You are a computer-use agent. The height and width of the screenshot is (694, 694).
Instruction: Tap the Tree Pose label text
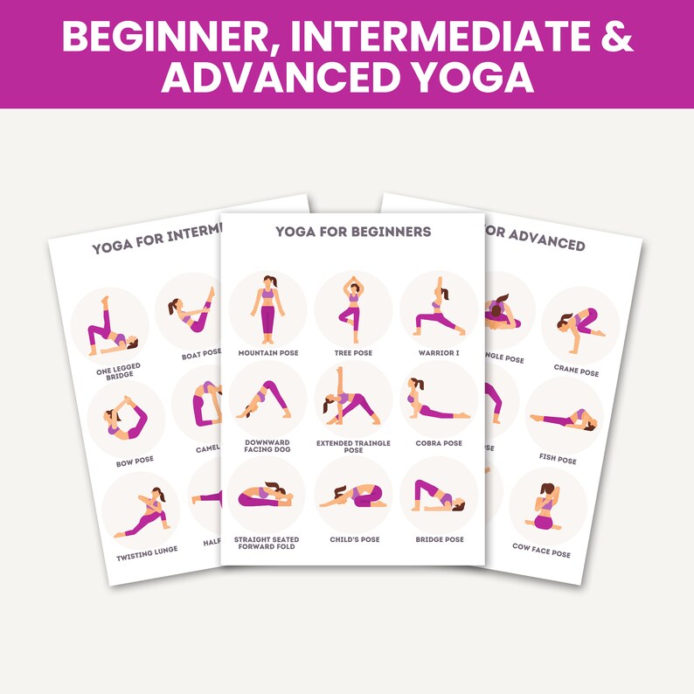tap(352, 353)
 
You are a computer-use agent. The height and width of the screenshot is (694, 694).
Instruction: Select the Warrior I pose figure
tap(438, 311)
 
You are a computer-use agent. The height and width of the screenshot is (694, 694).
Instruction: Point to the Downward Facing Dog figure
tap(264, 399)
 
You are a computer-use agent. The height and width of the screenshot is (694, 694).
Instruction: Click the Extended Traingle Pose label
tap(352, 447)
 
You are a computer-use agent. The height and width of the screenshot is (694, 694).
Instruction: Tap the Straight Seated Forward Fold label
tap(266, 543)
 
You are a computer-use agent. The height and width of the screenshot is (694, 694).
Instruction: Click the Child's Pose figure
tap(352, 497)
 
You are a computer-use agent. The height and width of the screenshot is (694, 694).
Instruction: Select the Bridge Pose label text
tap(439, 539)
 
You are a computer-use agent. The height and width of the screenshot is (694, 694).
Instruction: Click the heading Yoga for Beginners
tap(352, 232)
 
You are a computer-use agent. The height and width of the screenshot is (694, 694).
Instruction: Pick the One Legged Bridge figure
tap(110, 324)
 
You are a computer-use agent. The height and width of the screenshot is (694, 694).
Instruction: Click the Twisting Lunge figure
tap(144, 511)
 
